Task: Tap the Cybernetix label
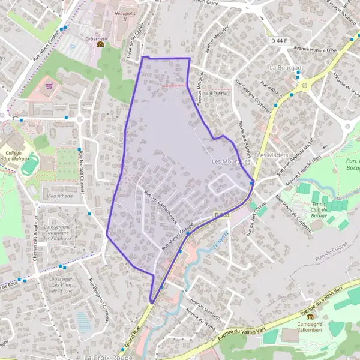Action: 97,39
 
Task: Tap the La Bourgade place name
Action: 287,68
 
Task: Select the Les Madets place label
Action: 270,155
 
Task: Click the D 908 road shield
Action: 221,214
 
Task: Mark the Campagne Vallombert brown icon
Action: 310,317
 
